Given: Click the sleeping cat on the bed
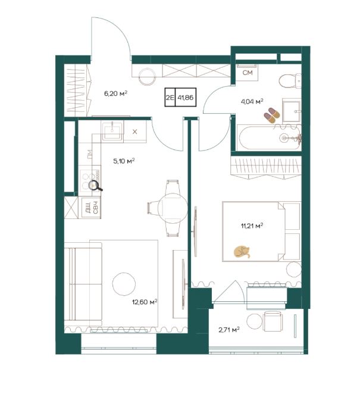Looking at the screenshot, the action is (242, 252).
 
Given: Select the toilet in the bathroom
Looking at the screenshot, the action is (290, 81).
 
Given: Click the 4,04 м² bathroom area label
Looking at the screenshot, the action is (252, 102).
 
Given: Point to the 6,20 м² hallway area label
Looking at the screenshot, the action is (115, 93).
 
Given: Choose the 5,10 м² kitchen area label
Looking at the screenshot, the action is (124, 161).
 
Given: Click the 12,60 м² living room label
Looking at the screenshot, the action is (145, 302).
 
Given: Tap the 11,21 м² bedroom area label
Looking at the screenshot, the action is (252, 226).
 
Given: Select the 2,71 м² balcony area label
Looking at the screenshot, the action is (229, 330).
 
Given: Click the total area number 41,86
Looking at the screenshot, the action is (186, 98).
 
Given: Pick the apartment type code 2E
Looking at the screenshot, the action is (170, 98).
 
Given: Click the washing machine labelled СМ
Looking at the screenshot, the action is (247, 72).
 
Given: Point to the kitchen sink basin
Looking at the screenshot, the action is (112, 131).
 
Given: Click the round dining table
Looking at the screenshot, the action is (173, 208).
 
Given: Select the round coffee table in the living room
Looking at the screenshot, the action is (124, 284).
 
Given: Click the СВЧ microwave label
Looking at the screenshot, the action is (96, 208).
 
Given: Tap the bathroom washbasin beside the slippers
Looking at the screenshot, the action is (292, 111).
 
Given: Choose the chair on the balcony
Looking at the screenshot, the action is (273, 321).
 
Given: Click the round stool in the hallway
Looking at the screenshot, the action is (147, 76).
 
